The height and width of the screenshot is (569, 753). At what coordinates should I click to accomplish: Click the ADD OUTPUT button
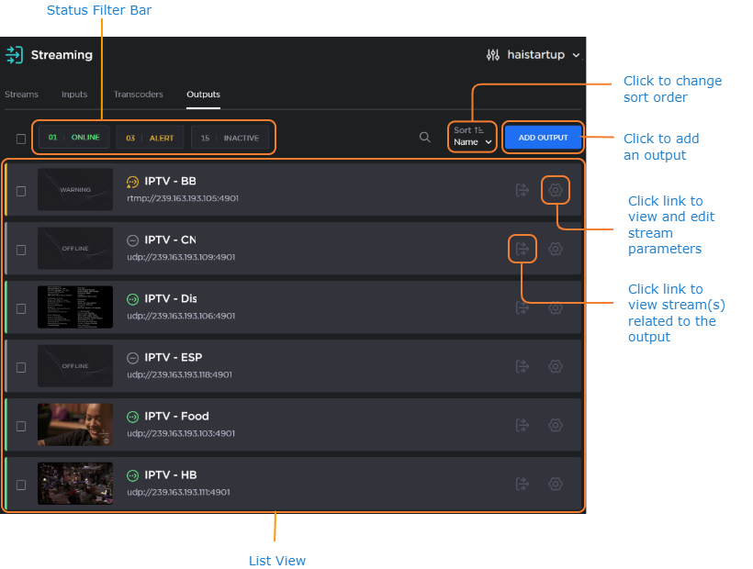click(543, 138)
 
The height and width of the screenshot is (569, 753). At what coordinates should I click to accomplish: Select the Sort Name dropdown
click(473, 137)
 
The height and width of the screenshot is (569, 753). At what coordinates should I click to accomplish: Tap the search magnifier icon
click(424, 138)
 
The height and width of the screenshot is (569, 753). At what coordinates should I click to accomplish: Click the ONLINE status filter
click(73, 138)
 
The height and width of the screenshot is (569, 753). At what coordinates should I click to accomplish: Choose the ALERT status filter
click(151, 138)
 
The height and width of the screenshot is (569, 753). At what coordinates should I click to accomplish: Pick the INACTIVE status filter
click(230, 138)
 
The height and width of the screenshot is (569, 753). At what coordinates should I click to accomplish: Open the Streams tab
click(21, 95)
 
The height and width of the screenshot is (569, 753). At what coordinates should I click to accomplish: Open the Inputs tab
click(74, 95)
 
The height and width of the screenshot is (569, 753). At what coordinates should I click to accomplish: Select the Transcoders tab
click(138, 95)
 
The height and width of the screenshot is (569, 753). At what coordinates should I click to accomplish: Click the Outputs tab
click(203, 95)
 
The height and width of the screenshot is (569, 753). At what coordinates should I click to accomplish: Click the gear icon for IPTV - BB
click(555, 190)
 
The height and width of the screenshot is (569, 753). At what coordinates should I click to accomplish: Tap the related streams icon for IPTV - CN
click(522, 249)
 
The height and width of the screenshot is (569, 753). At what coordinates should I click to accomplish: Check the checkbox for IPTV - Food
click(21, 426)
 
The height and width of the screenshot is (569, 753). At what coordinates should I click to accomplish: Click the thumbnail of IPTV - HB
click(75, 484)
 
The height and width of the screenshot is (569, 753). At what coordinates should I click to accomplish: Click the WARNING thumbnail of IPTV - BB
click(75, 190)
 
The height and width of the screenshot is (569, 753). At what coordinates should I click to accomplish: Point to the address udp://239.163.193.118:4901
click(179, 374)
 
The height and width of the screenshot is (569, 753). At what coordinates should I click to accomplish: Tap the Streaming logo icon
click(14, 55)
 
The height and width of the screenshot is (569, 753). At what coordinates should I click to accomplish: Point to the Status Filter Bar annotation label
click(99, 10)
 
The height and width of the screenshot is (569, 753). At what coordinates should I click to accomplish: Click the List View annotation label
click(277, 561)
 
